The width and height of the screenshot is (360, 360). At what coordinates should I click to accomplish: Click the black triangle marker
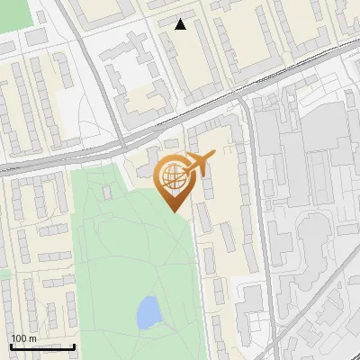click(x=181, y=24)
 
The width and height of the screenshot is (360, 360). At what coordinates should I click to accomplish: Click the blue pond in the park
click(x=148, y=312)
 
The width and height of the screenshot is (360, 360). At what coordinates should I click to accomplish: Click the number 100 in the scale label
click(x=19, y=338)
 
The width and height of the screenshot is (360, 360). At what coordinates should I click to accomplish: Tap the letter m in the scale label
click(x=32, y=338)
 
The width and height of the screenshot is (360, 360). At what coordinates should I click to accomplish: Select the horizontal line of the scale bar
click(x=42, y=346)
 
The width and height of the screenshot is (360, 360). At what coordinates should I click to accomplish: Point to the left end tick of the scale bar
click(x=11, y=345)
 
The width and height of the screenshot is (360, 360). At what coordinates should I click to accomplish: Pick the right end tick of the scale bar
click(x=74, y=345)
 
